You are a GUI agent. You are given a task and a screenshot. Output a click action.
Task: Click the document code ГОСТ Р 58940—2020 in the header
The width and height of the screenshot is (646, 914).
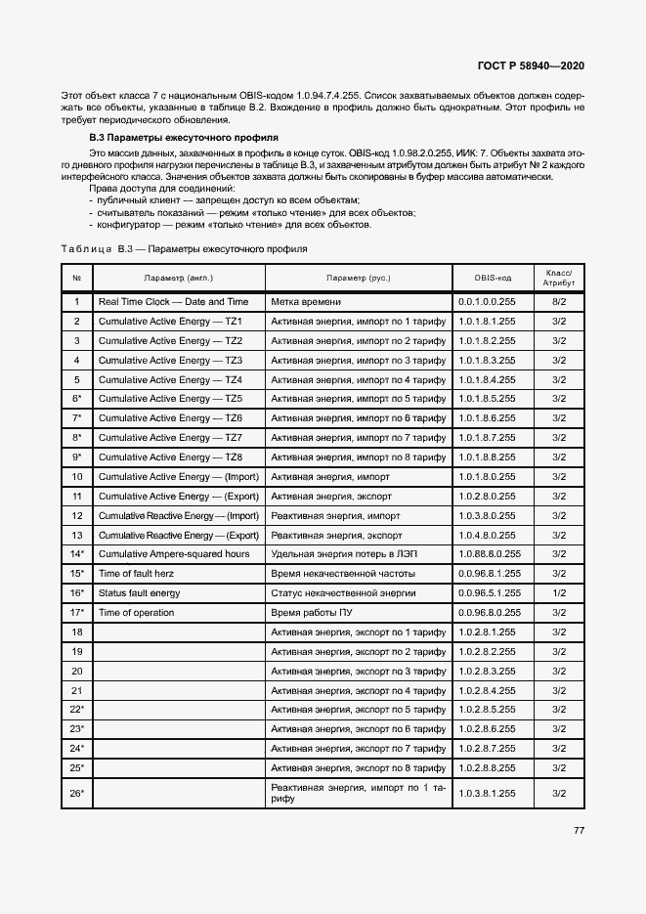click(531, 65)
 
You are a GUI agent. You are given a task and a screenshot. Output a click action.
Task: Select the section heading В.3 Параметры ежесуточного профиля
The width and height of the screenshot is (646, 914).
click(184, 138)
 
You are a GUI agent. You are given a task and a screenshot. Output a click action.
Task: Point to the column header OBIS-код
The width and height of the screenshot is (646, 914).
click(493, 278)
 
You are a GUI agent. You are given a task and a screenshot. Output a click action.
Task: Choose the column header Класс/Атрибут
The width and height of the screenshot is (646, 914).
click(559, 278)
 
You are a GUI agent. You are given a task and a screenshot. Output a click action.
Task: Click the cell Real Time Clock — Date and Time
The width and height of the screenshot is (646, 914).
click(173, 302)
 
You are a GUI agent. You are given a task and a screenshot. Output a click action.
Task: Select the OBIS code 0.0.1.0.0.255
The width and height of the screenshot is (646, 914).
click(487, 302)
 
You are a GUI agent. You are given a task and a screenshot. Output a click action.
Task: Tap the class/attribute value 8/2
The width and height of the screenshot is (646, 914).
click(559, 302)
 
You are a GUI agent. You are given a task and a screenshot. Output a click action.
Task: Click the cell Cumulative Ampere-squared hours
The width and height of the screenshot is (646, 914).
click(173, 554)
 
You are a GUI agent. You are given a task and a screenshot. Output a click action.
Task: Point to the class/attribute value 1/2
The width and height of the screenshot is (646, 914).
click(559, 593)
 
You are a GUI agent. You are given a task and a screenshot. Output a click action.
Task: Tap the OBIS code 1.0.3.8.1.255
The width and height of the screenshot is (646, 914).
click(487, 793)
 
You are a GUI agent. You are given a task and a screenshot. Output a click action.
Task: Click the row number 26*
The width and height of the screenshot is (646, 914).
click(76, 793)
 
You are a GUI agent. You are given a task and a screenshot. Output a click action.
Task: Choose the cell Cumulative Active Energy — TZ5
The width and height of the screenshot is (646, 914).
click(170, 399)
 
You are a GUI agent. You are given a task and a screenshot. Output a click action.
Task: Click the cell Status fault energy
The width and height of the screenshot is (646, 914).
click(139, 593)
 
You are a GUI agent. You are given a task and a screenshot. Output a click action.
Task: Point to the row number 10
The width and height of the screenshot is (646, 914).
click(76, 477)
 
